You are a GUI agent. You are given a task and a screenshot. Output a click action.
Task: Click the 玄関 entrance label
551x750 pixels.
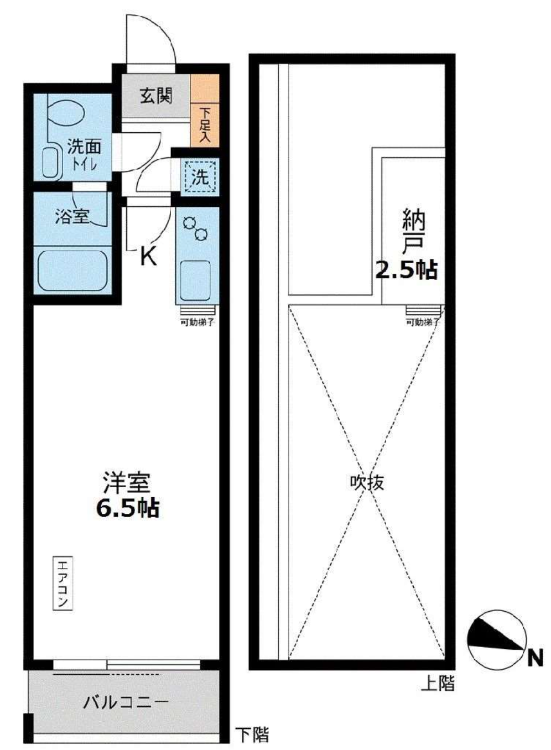(x=155, y=96)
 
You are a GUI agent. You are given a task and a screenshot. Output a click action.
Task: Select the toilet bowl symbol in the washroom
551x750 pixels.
(x=65, y=113)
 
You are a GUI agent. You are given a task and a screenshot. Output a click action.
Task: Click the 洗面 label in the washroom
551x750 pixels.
(x=84, y=147)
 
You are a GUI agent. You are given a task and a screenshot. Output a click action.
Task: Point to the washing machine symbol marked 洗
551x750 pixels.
(x=200, y=177)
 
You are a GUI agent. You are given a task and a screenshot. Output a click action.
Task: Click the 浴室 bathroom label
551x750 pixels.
(x=72, y=216)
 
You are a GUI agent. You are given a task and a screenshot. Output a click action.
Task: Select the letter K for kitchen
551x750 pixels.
(x=148, y=256)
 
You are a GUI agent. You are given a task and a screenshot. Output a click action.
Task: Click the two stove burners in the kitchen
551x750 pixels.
(x=196, y=228)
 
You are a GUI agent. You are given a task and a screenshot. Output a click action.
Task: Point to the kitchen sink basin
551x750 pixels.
(x=196, y=279)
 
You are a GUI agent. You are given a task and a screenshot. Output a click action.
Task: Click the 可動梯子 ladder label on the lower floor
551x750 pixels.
(x=197, y=322)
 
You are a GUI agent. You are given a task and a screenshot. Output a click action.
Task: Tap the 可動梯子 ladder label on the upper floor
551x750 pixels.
(x=423, y=322)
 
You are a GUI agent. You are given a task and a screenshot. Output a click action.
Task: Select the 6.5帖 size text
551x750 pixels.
(x=128, y=508)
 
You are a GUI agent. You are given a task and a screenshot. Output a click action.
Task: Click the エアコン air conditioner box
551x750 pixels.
(x=63, y=584)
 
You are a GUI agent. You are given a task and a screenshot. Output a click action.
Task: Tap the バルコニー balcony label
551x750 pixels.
(x=126, y=702)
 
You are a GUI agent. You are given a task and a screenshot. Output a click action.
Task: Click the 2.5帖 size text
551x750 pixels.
(x=407, y=270)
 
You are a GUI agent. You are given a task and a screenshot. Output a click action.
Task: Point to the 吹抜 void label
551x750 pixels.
(x=367, y=483)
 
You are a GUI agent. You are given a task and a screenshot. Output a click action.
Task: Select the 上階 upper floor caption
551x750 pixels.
(x=438, y=684)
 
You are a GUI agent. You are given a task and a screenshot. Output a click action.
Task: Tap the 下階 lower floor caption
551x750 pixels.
(x=252, y=735)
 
